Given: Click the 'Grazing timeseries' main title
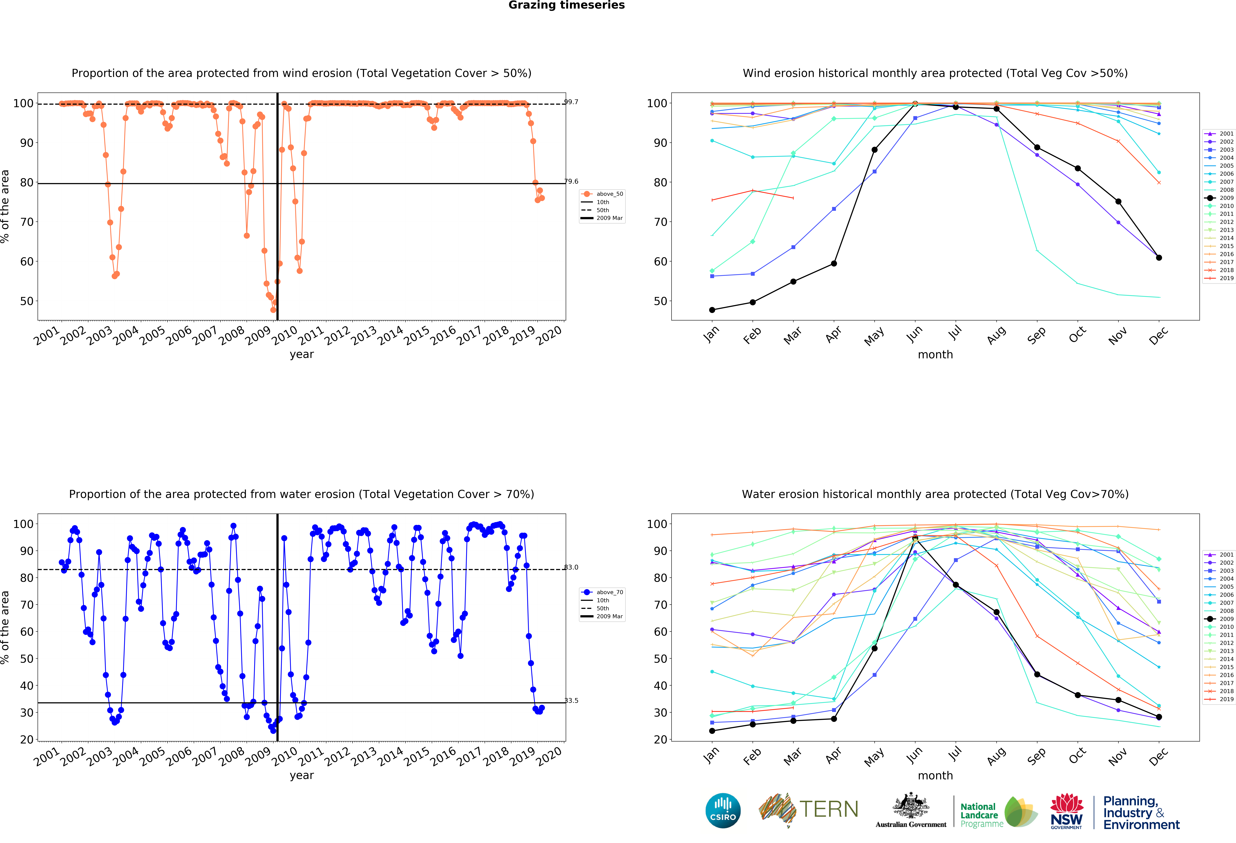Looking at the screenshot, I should click(x=566, y=5).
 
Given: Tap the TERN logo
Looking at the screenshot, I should click(x=808, y=809).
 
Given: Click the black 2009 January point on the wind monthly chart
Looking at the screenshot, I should click(x=712, y=310).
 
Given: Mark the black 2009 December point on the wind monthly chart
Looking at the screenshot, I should click(x=1159, y=258).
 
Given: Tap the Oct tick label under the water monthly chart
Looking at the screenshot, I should click(x=1077, y=756).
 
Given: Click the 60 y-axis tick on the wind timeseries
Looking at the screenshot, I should click(x=27, y=261).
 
